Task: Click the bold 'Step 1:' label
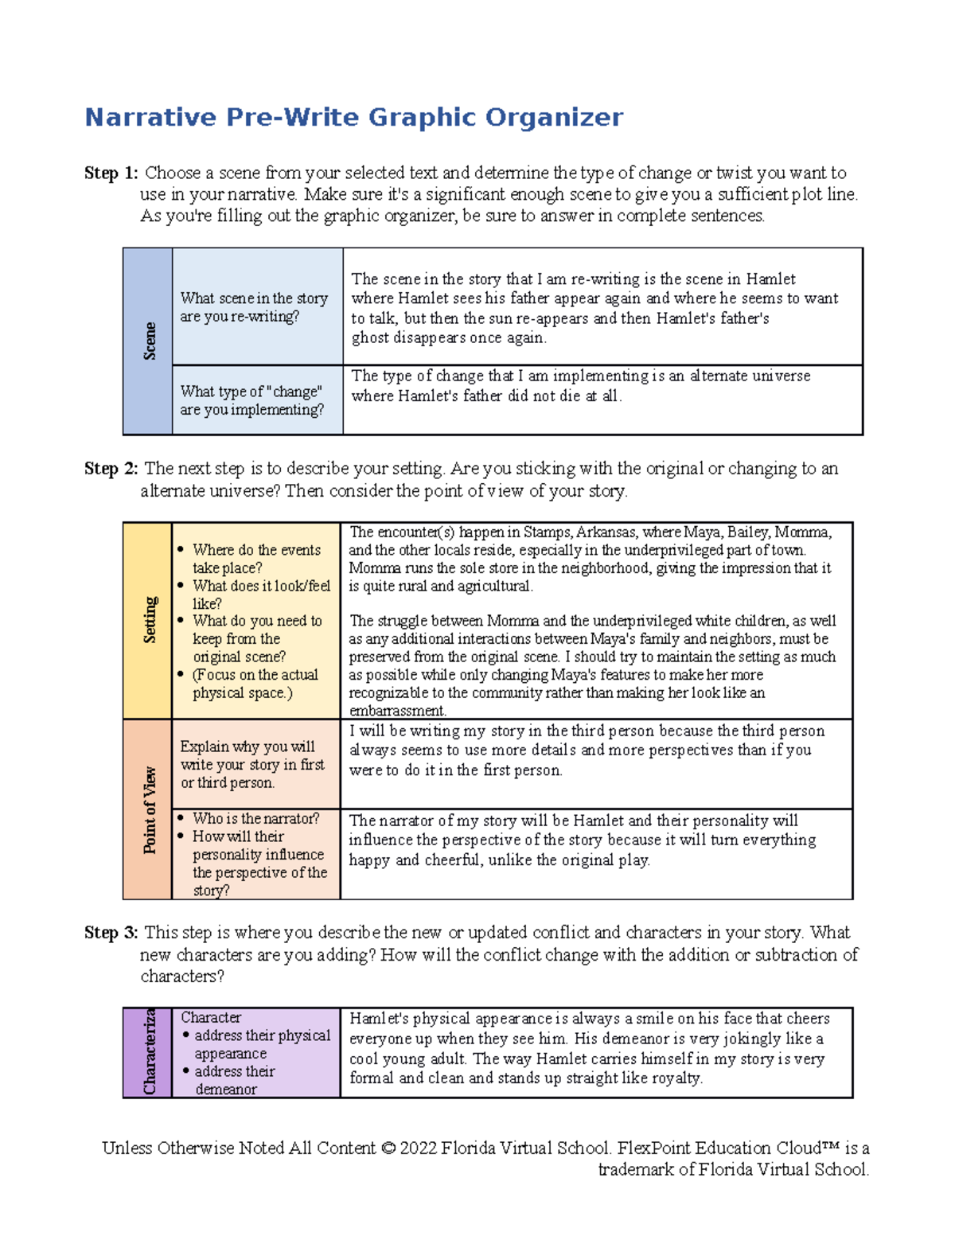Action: coord(111,174)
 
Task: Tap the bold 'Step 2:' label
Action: coord(111,469)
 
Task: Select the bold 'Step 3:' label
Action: coord(111,933)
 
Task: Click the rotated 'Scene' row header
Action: coord(149,341)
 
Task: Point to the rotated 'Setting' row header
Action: coord(149,620)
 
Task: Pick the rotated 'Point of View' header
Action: coord(149,810)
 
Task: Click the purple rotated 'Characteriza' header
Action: coord(149,1052)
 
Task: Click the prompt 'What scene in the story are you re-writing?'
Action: coord(254,307)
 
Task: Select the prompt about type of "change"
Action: coord(251,400)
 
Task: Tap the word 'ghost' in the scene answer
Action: coord(369,338)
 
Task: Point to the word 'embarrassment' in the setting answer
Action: coord(396,711)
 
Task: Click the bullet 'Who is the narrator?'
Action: coord(255,819)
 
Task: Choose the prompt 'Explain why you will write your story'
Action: coord(252,765)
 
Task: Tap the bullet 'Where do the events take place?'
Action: coord(256,559)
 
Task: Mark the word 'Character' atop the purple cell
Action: coord(211,1018)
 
